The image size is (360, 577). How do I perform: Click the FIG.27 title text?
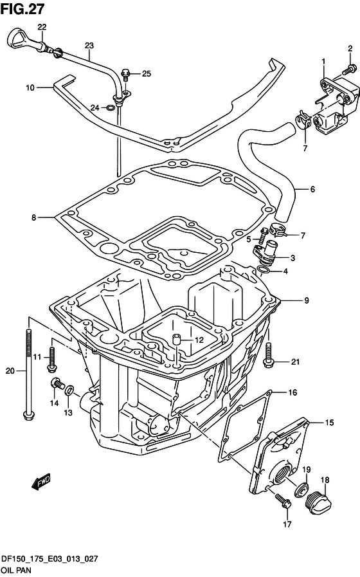click(x=22, y=9)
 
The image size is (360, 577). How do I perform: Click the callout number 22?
click(x=42, y=27)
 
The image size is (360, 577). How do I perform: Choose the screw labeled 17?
click(x=283, y=501)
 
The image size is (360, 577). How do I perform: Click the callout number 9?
click(x=306, y=300)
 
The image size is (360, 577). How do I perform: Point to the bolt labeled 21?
click(x=268, y=355)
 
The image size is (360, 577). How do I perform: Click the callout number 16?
click(x=292, y=392)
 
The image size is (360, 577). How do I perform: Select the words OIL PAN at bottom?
click(x=16, y=570)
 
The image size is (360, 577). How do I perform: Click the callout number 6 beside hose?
click(x=312, y=190)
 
